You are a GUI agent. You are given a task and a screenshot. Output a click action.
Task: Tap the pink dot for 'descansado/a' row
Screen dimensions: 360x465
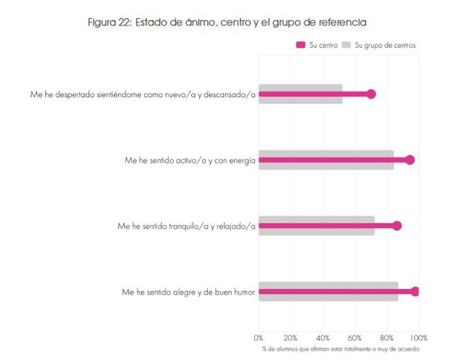tap(371, 94)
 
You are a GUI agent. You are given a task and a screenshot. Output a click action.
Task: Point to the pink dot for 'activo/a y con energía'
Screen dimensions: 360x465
tap(410, 160)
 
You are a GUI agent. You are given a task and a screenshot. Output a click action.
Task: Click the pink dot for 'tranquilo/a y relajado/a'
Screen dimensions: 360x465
tap(397, 226)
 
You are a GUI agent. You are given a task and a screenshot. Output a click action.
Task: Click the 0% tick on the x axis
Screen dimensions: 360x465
tap(259, 337)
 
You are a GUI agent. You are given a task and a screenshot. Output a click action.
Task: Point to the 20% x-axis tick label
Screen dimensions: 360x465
tap(291, 337)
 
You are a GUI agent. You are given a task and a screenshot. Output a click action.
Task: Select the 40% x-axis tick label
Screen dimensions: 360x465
tap(323, 337)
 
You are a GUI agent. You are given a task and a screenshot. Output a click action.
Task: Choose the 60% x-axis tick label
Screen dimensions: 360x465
tap(355, 337)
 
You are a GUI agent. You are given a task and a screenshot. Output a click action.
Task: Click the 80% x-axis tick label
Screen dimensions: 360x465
tap(387, 337)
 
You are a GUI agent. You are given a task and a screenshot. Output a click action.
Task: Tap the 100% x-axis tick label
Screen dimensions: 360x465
tap(418, 337)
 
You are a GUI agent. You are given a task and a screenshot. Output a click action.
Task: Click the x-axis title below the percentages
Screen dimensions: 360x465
tap(339, 349)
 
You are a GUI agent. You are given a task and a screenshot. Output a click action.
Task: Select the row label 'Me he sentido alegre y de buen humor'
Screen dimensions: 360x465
tap(188, 292)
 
